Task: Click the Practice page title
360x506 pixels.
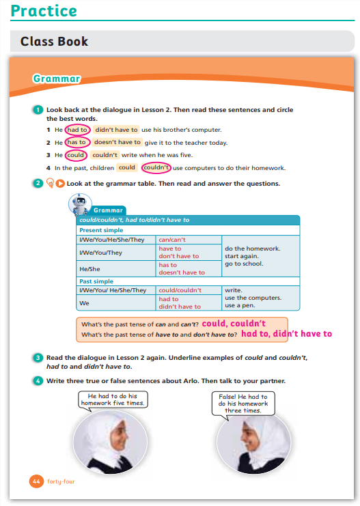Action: coord(44,11)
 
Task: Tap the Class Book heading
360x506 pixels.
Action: coord(54,41)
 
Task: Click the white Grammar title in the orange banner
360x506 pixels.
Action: coord(57,79)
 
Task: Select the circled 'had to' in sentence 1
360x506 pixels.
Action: coord(77,130)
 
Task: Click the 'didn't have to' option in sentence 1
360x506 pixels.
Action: coord(116,130)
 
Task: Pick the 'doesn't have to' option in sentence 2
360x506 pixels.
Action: coord(117,142)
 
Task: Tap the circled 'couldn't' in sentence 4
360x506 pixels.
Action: coord(156,167)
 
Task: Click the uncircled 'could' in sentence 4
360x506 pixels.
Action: coord(127,167)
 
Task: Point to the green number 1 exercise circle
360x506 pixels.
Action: coord(38,110)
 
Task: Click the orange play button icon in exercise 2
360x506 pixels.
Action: coord(60,184)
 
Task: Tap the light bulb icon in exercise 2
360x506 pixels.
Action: coord(50,183)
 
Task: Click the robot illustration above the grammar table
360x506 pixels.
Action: coord(80,204)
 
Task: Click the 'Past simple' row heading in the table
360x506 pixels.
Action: coord(96,281)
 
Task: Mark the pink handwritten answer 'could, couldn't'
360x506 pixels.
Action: coord(234,324)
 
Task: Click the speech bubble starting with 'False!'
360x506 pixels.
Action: coord(243,404)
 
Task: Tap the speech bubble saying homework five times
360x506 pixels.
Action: coord(113,400)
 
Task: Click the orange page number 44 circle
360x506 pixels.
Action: coord(36,481)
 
